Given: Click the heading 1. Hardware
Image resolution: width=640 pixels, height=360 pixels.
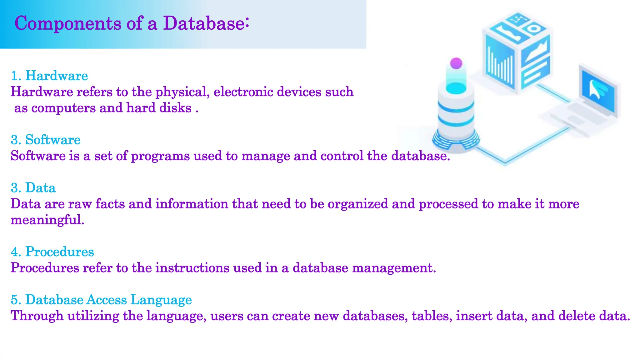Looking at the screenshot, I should coord(49,76).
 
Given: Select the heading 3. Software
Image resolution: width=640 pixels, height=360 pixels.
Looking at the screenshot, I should coord(46,140).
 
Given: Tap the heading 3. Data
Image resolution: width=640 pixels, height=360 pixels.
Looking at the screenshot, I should coord(33,188).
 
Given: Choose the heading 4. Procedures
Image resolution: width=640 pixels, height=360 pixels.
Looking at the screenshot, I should coord(52,252).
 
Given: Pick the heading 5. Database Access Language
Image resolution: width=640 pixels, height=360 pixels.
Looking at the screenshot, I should coord(101,300).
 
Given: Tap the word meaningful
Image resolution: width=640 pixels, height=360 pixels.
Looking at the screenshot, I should coord(47,220).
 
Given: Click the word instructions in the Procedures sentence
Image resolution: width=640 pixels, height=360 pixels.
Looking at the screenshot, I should coord(192,268).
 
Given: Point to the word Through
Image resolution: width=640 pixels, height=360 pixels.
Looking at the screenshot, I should coord(37,316).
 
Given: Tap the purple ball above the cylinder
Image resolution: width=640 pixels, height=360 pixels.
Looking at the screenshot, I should coord(456,63).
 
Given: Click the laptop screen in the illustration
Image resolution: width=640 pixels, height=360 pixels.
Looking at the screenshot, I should coord(598,91).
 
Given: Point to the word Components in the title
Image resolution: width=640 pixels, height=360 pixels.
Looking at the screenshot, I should coord(68,23).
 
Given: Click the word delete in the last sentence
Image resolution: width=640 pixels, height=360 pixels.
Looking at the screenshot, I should coord(577,316).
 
